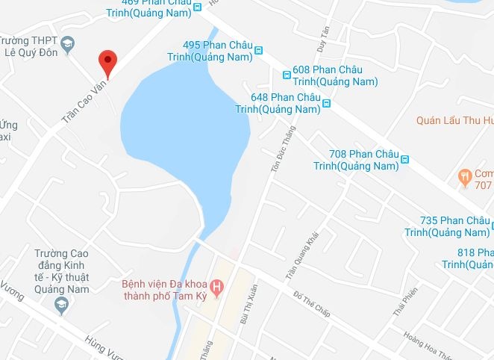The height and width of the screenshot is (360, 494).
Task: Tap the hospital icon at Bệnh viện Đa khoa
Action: (x=217, y=287)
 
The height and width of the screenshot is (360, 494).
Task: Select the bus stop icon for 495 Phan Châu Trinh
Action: (x=259, y=51)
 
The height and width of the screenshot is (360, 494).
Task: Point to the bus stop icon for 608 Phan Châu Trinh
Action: (x=287, y=75)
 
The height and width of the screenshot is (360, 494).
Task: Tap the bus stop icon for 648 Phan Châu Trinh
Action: (x=326, y=103)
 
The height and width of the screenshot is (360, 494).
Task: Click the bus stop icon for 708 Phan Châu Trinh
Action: (x=405, y=159)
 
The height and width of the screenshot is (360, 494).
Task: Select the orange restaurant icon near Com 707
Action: (x=463, y=177)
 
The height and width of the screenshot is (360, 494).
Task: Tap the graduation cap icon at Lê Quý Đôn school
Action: (x=68, y=46)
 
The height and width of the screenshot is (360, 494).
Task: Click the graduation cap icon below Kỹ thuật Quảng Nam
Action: (x=61, y=304)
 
